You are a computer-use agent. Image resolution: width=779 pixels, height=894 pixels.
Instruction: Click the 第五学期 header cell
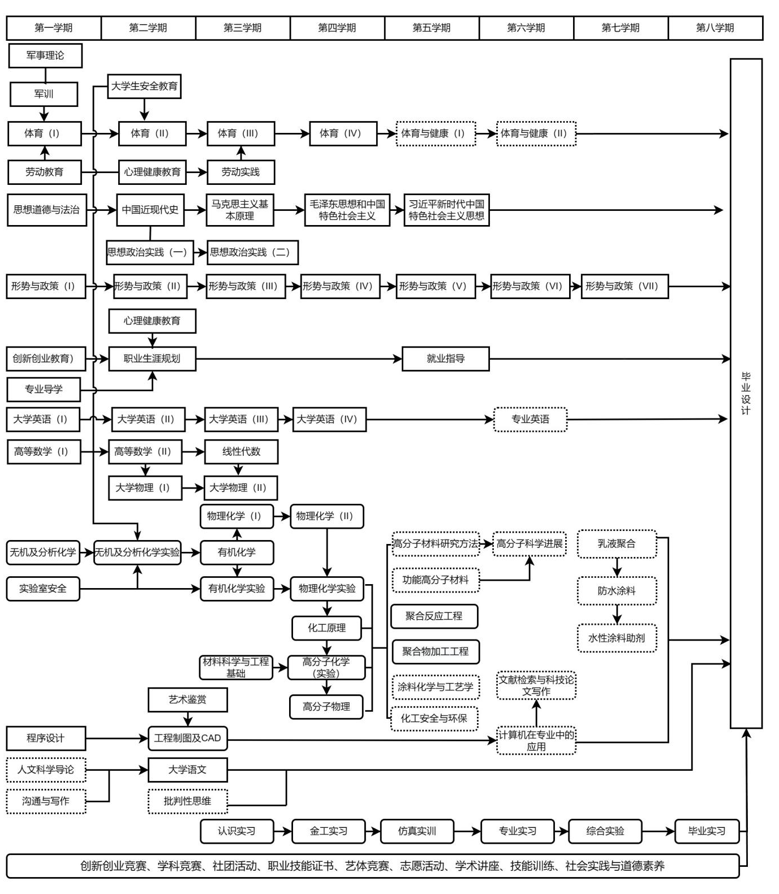(432, 28)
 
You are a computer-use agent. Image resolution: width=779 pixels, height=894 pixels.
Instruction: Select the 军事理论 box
(45, 55)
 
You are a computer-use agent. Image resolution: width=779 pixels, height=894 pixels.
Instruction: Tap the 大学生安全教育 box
(144, 87)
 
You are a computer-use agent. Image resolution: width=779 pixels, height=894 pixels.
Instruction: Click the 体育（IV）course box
(343, 133)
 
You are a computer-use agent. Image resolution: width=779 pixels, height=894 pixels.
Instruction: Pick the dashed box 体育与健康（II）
(536, 133)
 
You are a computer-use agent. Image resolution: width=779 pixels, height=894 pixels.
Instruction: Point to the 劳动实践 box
(240, 172)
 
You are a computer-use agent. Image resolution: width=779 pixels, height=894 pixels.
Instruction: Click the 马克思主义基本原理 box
(240, 210)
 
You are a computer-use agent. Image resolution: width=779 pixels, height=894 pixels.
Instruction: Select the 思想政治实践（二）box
(252, 252)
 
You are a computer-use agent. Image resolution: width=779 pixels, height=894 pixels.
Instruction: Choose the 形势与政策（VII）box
(624, 286)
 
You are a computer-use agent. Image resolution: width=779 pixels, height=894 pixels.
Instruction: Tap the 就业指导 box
(445, 359)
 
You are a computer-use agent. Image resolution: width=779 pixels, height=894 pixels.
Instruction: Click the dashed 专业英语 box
(530, 419)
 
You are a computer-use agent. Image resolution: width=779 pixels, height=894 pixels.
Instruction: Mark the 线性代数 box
(241, 451)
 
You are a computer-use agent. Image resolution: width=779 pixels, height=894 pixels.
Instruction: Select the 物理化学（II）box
(326, 516)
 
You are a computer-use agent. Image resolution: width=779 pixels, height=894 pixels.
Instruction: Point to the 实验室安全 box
(43, 589)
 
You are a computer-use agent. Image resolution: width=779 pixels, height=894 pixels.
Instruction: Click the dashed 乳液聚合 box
(617, 544)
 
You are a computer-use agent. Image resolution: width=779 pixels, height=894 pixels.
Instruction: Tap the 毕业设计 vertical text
(746, 393)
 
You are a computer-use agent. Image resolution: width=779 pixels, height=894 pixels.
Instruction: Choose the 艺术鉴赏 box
(188, 699)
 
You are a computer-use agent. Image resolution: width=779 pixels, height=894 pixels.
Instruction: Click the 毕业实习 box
(707, 831)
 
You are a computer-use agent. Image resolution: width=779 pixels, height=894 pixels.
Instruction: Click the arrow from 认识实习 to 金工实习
(282, 831)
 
